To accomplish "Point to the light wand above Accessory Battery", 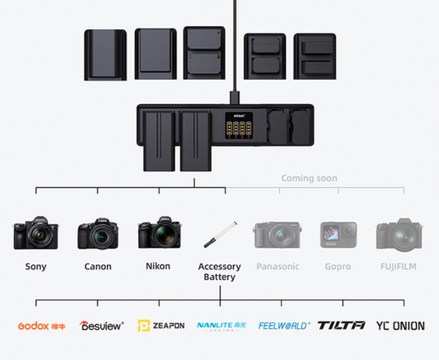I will tap(220, 235).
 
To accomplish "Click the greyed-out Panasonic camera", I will tap(278, 234).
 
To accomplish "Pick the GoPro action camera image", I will tap(338, 235).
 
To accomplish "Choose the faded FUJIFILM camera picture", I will tap(399, 234).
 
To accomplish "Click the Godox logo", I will tap(42, 326).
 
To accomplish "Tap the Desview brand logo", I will tap(102, 326).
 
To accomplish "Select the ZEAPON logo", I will tap(161, 326).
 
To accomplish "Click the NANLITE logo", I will tap(221, 326).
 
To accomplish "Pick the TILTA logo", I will tap(342, 326).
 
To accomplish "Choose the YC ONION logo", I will tap(400, 326).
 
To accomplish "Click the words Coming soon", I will tap(309, 178).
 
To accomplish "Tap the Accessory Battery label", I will tap(220, 272).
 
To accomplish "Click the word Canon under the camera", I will tap(98, 267).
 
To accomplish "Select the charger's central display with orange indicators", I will tap(236, 126).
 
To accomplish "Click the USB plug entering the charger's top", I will tap(235, 97).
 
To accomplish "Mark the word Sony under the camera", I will tap(36, 267).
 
